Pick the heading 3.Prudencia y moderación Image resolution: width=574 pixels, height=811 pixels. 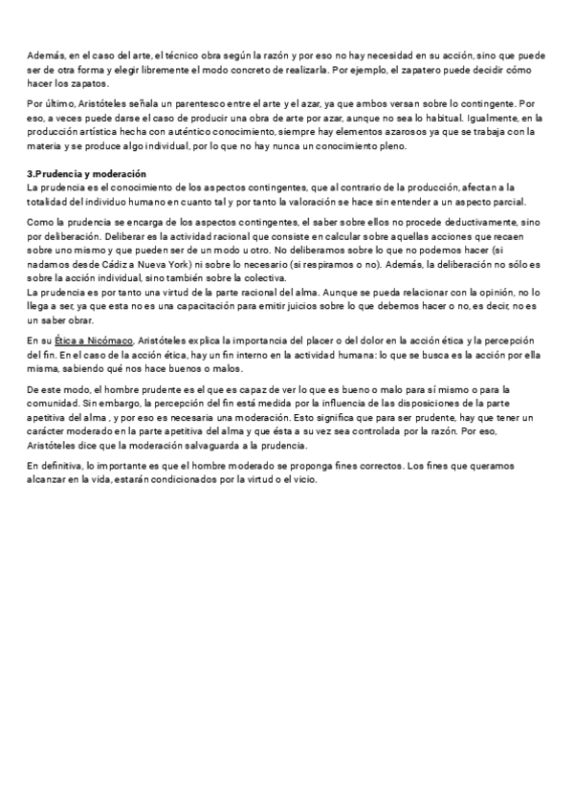pyautogui.click(x=86, y=174)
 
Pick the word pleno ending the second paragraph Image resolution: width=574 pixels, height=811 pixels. pyautogui.click(x=391, y=146)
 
